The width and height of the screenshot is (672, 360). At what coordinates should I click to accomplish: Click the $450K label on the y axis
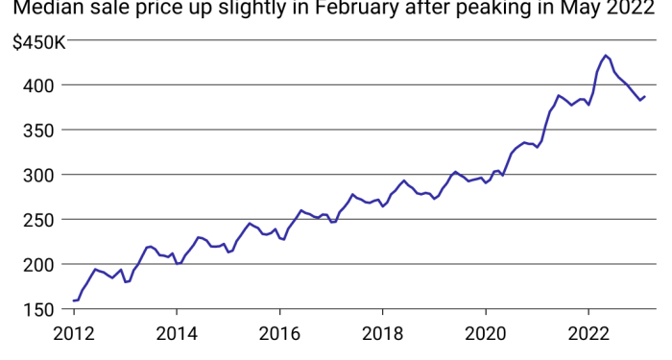pyautogui.click(x=37, y=42)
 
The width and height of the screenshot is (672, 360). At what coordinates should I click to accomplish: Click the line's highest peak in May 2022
pyautogui.click(x=606, y=56)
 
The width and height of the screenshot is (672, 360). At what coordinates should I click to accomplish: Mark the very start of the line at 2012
pyautogui.click(x=74, y=300)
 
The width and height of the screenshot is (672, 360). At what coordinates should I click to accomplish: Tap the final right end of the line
pyautogui.click(x=645, y=96)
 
